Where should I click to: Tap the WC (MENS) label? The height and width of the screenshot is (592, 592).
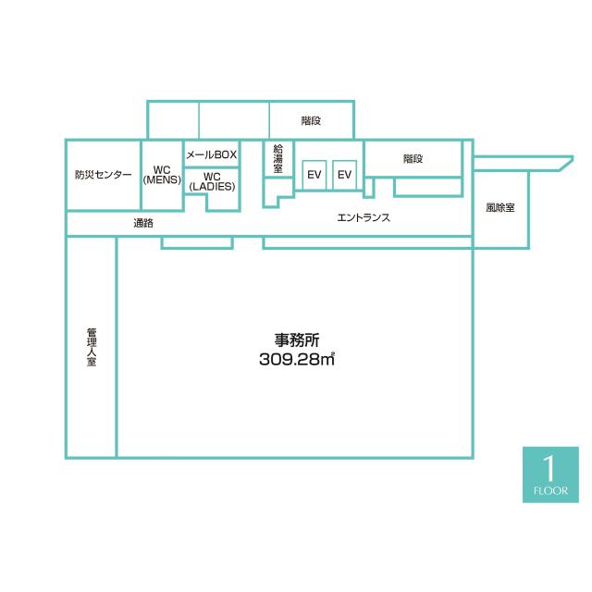coord(162,174)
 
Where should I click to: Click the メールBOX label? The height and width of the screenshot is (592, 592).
coord(212,154)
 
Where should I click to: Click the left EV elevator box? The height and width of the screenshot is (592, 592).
coord(314,175)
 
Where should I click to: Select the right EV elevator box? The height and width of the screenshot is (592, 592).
coord(344,175)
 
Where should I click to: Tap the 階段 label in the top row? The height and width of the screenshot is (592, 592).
coord(311,120)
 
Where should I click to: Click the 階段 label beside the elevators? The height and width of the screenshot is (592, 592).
coord(413,158)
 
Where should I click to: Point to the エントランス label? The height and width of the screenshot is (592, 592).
coord(363,218)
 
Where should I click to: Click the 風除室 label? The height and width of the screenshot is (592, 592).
coord(500,208)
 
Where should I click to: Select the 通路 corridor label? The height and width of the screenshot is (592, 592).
coord(142,223)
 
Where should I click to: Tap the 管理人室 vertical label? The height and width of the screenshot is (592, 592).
coord(92,347)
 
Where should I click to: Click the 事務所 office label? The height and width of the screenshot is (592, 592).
coord(296,339)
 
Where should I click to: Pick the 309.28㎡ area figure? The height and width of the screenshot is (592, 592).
coord(296,360)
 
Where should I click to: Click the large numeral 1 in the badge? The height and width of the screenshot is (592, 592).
coord(550,466)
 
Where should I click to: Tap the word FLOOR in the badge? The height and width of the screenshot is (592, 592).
coord(551,490)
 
